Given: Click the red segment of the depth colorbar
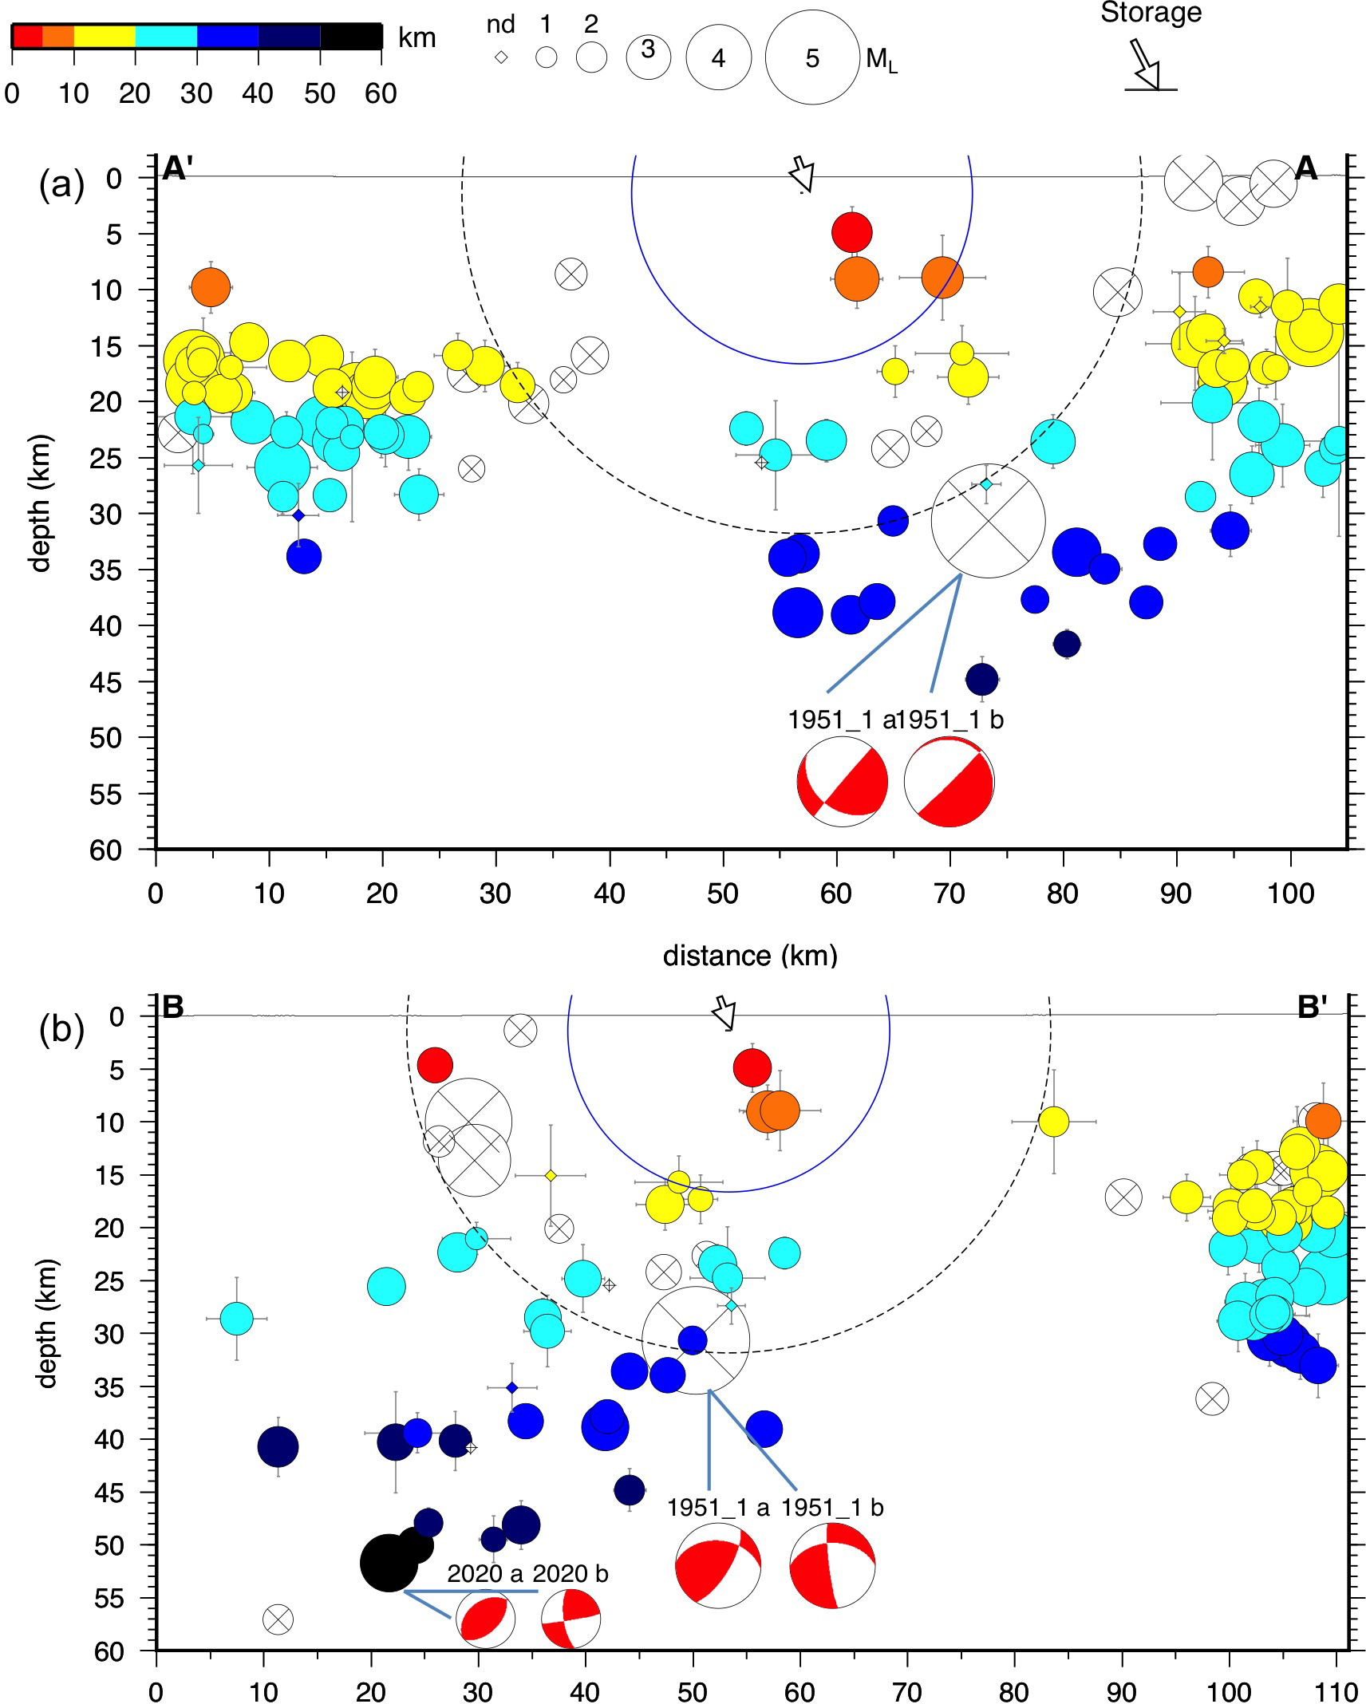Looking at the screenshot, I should pos(26,37).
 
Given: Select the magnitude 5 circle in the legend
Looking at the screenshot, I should pos(811,57).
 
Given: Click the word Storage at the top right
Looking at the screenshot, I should pos(1151,13).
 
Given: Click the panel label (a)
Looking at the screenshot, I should pos(61,185).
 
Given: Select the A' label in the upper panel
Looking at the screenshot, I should pos(176,168).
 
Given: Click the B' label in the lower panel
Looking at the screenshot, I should pos(1313,1008).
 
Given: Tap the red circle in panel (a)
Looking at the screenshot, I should pos(851,232).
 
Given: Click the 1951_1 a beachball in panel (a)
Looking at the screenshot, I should pos(842,782).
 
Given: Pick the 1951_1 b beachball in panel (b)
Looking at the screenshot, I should pos(832,1565).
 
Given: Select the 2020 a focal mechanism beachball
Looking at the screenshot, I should pos(485,1619).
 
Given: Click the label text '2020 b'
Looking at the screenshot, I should pos(570,1573).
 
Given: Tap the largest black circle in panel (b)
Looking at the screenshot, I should pos(389,1563).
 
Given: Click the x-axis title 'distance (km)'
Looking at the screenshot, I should pos(750,955).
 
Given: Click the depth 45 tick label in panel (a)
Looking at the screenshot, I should pos(106,683).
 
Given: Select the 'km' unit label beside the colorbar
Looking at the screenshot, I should pos(417,37).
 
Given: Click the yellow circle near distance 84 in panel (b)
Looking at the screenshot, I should pos(1053,1121).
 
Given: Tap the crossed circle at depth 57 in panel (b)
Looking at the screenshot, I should pos(278,1619).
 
